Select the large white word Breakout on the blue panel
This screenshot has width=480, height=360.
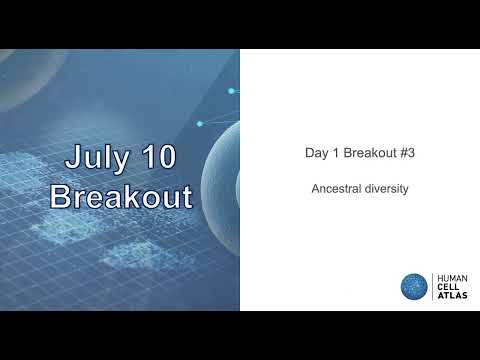(x=120, y=196)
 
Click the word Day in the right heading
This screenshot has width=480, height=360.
(x=316, y=154)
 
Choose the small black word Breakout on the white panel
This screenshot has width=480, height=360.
(x=367, y=154)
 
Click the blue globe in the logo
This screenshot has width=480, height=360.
(x=414, y=286)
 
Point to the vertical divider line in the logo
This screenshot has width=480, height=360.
(x=431, y=286)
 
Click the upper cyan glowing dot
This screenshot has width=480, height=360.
(x=231, y=91)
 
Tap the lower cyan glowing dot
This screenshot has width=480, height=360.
(x=199, y=124)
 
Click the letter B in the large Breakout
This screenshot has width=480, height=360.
(x=62, y=196)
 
